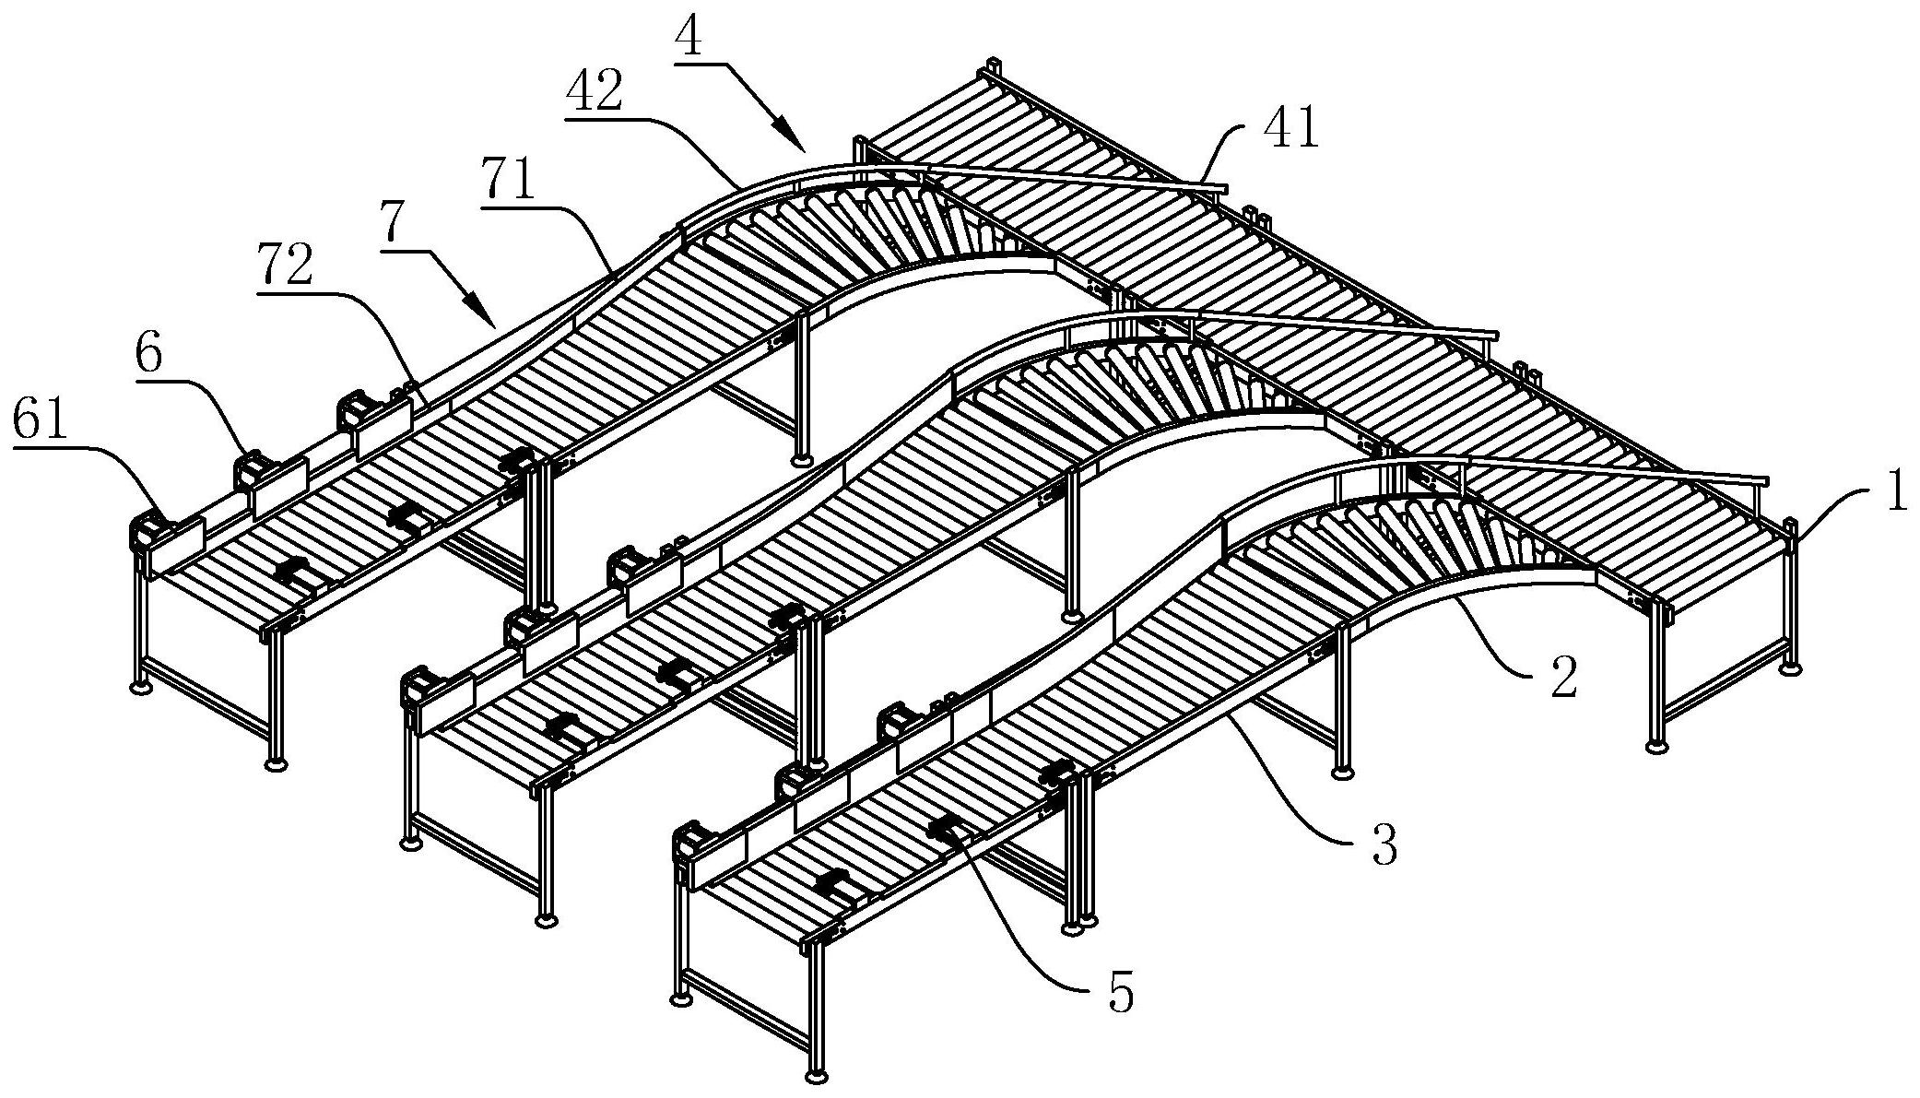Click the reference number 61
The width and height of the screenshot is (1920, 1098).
[x=41, y=422]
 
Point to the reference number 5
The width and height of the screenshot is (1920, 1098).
[x=1121, y=994]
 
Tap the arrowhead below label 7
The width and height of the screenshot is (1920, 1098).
[x=482, y=312]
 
